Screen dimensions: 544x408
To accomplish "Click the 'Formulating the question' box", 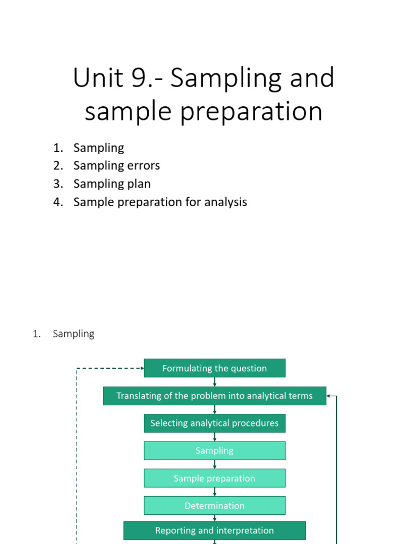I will [x=214, y=368].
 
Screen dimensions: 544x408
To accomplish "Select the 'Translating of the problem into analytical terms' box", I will [x=214, y=396].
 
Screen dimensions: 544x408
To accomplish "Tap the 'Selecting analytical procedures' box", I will [x=214, y=423].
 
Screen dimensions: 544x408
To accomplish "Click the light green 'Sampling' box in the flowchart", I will [x=214, y=450].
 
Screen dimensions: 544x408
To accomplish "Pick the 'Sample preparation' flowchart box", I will [x=214, y=478].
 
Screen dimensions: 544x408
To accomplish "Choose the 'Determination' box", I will [x=214, y=506].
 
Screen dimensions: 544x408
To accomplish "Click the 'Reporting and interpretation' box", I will [x=214, y=530].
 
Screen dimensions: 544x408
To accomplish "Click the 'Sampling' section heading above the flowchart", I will [x=73, y=334].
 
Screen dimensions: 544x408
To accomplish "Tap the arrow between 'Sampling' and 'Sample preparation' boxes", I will [x=215, y=464].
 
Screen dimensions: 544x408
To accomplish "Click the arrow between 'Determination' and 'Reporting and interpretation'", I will [x=215, y=518].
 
